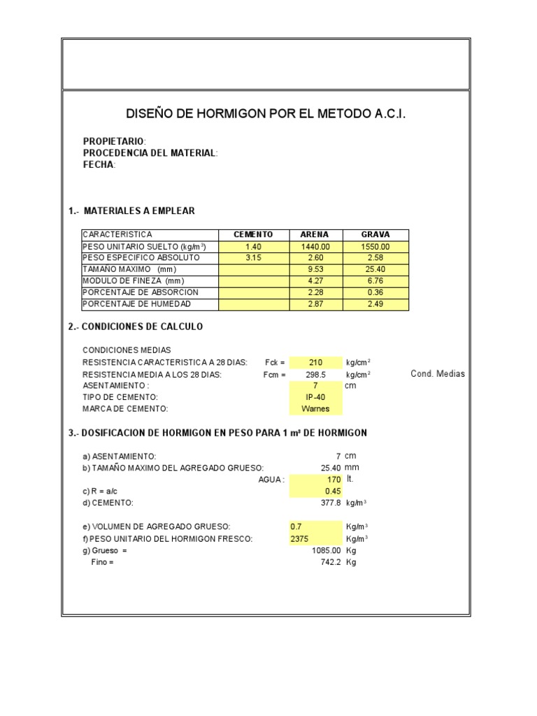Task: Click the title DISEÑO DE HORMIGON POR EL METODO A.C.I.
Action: [265, 113]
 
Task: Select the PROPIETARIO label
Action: [114, 142]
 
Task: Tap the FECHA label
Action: [99, 165]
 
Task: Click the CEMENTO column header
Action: [253, 234]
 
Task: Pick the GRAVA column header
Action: [375, 234]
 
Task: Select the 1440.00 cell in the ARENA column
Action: [315, 247]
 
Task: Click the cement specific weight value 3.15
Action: [253, 258]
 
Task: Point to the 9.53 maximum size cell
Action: [315, 270]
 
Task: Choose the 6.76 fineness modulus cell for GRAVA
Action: [375, 281]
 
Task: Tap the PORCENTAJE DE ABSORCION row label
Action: [141, 293]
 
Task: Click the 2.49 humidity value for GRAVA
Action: [375, 305]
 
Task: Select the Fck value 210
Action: [315, 362]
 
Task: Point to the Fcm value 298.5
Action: [315, 374]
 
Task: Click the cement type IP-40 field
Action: [315, 397]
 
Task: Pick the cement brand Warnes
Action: [315, 409]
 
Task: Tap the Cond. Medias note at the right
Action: [438, 374]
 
